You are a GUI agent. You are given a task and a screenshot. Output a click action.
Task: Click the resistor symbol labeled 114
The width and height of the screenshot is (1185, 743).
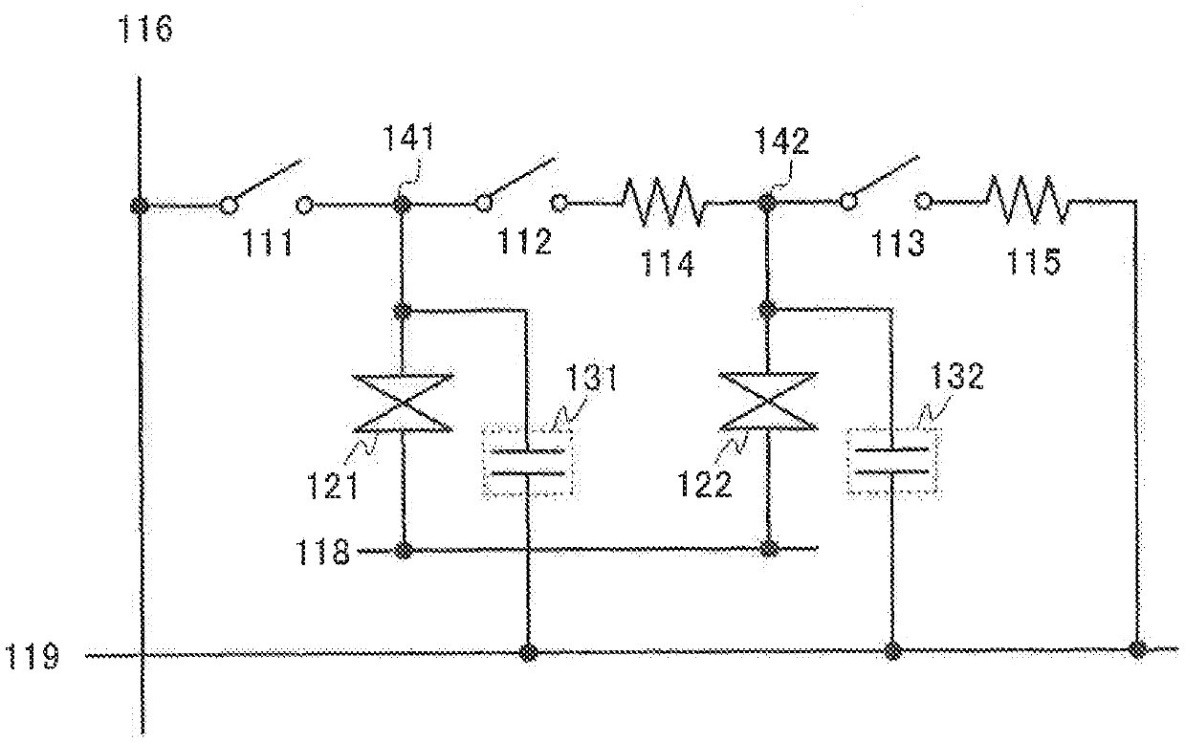tap(665, 203)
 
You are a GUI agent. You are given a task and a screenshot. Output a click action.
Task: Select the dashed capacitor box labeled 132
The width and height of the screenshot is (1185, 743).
tap(893, 462)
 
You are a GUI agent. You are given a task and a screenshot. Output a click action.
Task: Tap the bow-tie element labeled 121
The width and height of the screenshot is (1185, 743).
tap(403, 403)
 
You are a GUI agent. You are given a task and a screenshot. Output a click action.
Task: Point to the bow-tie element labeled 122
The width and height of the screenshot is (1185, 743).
tap(767, 403)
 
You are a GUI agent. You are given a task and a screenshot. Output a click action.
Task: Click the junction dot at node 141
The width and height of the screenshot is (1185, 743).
tap(403, 204)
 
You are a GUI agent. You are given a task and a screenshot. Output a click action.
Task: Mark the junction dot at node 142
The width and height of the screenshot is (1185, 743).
tap(766, 203)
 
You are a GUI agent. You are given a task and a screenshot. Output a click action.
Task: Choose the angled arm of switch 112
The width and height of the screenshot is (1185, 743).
tap(519, 182)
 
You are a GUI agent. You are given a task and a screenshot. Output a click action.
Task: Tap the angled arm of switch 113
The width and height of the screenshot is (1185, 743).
tap(884, 181)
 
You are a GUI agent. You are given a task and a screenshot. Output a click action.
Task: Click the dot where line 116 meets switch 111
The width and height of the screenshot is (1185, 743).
tap(141, 205)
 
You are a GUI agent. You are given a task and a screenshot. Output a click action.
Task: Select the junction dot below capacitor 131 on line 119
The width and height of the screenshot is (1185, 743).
tap(527, 654)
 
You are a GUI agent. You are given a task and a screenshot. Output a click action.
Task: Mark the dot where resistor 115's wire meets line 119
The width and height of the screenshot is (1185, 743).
tap(1136, 651)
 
